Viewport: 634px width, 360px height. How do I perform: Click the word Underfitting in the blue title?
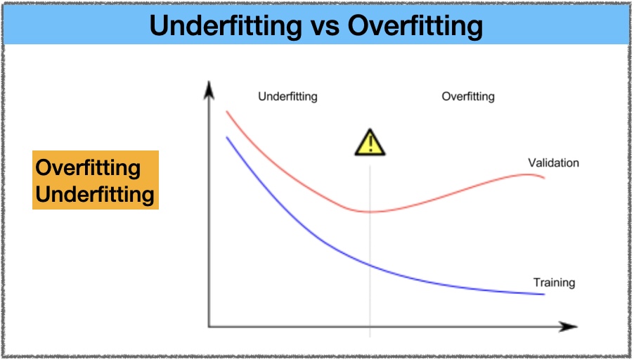(226, 25)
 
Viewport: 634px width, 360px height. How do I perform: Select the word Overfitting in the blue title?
(415, 25)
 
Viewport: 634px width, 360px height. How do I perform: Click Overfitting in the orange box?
(88, 167)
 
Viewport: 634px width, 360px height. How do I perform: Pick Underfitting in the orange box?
(95, 194)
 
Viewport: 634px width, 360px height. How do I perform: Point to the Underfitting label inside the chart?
(287, 96)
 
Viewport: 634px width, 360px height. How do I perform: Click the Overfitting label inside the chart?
(468, 96)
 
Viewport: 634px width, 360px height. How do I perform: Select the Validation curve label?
(553, 162)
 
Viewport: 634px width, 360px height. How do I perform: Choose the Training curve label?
(554, 283)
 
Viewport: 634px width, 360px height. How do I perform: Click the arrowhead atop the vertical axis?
(209, 90)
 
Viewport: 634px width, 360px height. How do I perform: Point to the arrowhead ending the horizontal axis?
(568, 326)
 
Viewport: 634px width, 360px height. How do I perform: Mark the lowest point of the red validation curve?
(370, 212)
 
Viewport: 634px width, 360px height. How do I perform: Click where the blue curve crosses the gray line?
(370, 264)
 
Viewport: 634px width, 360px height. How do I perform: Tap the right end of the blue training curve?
(544, 294)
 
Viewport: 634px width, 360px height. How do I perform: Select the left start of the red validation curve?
(227, 112)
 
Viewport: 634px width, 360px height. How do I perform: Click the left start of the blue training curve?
(227, 138)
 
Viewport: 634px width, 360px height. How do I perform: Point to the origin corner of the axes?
(209, 326)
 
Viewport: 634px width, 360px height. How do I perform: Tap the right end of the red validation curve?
(544, 178)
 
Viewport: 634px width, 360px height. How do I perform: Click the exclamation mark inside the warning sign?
(370, 144)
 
